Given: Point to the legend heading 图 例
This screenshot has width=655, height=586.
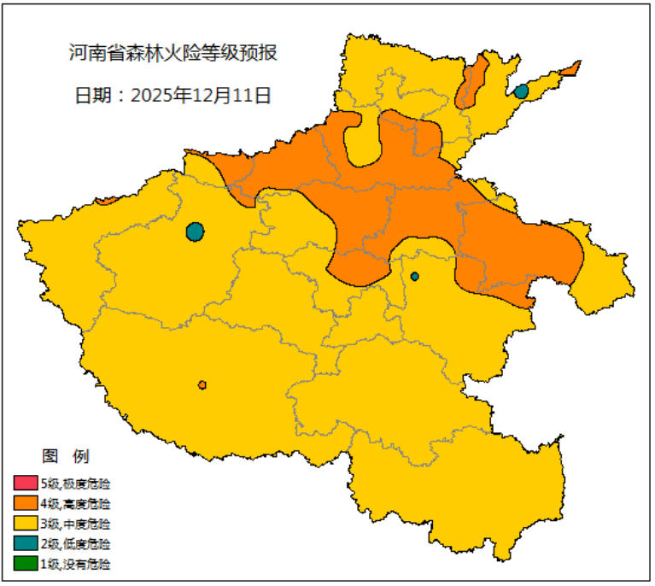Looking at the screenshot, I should click(x=65, y=456).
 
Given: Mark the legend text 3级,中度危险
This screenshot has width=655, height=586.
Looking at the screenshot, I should click(x=75, y=524).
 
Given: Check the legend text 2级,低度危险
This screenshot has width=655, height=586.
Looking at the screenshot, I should click(x=75, y=544).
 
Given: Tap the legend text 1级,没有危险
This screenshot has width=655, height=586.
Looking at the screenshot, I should click(x=75, y=564).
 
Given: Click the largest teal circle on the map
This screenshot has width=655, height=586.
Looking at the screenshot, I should click(x=195, y=231).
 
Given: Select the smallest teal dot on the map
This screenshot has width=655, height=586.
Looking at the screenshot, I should click(x=415, y=276).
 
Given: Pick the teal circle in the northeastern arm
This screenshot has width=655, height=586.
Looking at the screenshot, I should click(x=521, y=91).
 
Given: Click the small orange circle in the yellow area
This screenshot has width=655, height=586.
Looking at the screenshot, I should click(x=202, y=385).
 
